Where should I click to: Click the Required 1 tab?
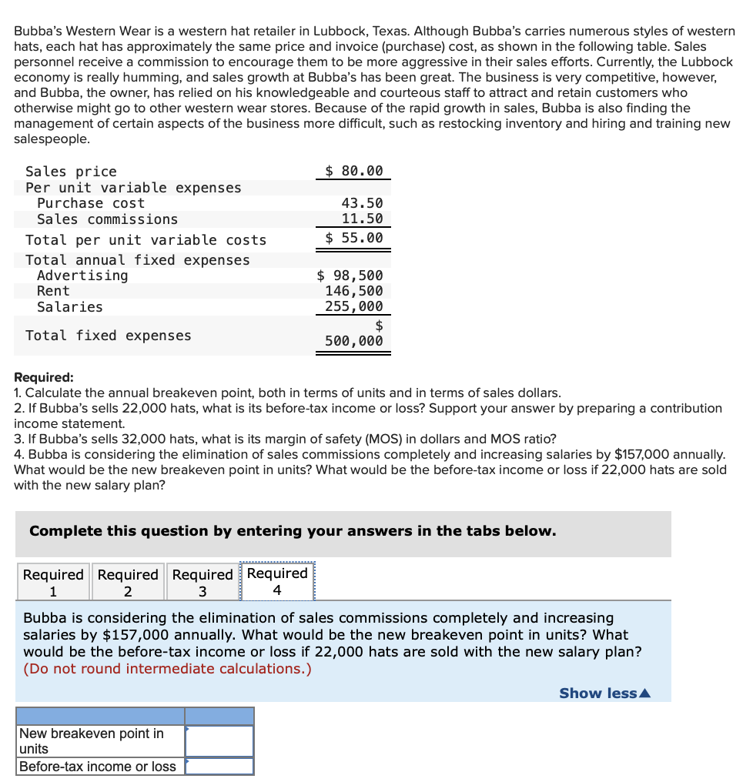(52, 583)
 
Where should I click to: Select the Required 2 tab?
(128, 583)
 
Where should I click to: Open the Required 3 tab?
(202, 583)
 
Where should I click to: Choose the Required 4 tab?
(277, 582)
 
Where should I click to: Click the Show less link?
(604, 693)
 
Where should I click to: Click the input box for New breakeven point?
(219, 741)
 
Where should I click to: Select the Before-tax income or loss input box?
(219, 767)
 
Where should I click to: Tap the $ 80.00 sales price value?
(353, 171)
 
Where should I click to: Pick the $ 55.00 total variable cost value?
(353, 238)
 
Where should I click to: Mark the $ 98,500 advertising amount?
(350, 276)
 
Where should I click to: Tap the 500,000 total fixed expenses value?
(353, 341)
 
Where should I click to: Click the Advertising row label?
(82, 276)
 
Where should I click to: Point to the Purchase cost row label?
(90, 203)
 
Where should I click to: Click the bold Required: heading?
(44, 377)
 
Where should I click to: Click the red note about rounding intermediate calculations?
(168, 668)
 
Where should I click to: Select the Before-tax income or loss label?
(98, 767)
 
